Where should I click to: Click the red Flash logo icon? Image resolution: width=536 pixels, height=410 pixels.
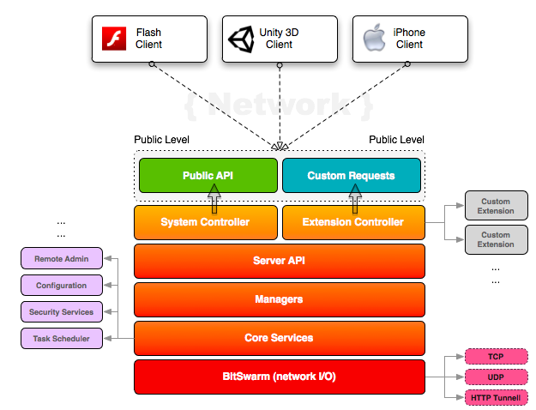[115, 39]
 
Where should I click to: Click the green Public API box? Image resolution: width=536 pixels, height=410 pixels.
[208, 175]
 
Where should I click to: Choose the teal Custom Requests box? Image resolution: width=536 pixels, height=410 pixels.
[352, 175]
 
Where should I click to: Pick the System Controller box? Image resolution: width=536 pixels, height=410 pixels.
[206, 222]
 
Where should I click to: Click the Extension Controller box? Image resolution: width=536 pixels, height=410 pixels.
[352, 222]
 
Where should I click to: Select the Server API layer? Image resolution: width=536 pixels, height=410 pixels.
[279, 261]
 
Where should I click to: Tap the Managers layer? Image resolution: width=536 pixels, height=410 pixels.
[279, 299]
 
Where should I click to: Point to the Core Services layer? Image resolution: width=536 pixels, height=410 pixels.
[279, 338]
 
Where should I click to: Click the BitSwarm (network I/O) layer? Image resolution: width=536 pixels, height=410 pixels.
[279, 377]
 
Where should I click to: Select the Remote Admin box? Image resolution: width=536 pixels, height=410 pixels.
[61, 258]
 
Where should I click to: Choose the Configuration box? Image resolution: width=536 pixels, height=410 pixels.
[61, 285]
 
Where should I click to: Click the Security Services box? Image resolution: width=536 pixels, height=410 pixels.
[61, 311]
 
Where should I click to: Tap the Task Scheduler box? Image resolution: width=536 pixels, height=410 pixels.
[61, 338]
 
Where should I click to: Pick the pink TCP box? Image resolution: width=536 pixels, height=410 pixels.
[495, 356]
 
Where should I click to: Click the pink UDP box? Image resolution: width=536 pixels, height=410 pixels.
[495, 377]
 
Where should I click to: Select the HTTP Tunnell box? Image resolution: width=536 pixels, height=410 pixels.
[495, 397]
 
